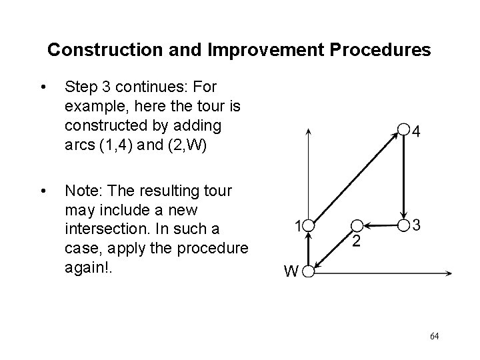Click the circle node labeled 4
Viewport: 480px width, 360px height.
(402, 129)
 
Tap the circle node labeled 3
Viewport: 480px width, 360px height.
(403, 225)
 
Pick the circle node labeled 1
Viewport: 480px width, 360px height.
(309, 225)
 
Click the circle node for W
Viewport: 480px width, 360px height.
(309, 271)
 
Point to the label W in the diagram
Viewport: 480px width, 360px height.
(291, 271)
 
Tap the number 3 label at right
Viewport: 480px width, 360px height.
(417, 225)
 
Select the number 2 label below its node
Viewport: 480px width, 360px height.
(357, 241)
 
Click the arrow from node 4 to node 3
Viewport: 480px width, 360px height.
(403, 177)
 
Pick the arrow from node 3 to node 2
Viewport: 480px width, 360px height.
(380, 225)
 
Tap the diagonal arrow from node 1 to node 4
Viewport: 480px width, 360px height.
(355, 177)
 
